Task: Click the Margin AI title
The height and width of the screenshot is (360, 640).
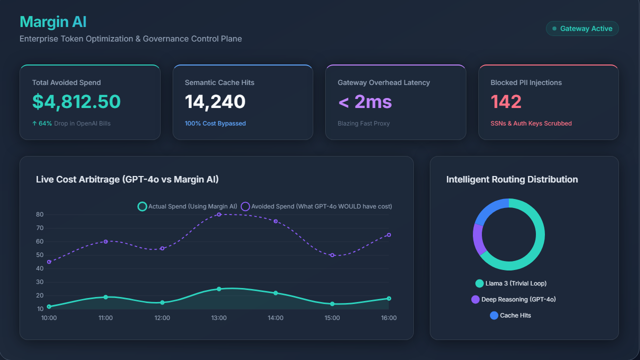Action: [53, 22]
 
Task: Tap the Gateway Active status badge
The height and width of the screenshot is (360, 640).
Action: [582, 28]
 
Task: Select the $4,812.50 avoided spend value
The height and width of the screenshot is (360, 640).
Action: [77, 101]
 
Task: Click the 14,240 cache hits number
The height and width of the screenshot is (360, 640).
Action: [215, 101]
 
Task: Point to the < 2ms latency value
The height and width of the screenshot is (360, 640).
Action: [365, 101]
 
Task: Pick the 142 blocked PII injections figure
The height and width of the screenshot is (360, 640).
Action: [506, 101]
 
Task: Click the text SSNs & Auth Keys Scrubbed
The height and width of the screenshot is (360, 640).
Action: [531, 123]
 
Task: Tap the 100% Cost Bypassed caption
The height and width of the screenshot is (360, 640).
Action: [215, 123]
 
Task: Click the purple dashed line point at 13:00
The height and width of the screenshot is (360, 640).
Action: [219, 214]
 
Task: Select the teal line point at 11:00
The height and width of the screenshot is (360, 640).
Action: [106, 297]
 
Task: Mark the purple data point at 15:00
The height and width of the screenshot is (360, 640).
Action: [332, 255]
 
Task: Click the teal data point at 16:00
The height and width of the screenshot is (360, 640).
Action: [389, 298]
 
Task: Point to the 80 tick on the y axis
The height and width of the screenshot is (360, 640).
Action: [40, 214]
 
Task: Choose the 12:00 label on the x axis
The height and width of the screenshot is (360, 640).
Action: [162, 318]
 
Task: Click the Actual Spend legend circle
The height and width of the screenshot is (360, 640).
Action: [142, 206]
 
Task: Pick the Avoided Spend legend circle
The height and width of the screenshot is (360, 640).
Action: [245, 206]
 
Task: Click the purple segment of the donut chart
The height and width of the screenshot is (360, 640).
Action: [478, 239]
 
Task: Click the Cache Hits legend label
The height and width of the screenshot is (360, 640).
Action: [515, 315]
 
